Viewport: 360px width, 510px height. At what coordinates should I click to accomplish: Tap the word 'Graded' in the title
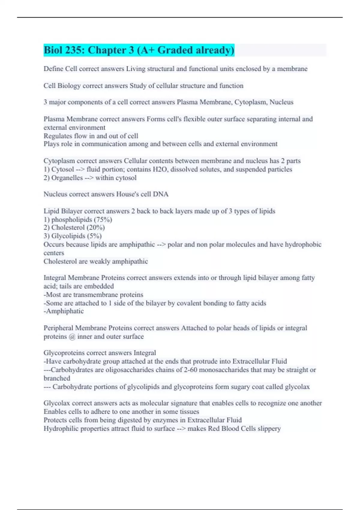175,50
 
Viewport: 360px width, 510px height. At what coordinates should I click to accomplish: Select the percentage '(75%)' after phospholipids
103,220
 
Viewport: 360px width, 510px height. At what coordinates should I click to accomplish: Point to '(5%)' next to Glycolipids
94,236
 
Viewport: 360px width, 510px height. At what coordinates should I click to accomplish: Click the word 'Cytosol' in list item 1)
63,169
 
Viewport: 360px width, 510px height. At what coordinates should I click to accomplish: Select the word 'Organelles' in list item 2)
67,178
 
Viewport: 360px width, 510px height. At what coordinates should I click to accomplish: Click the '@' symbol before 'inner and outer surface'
72,337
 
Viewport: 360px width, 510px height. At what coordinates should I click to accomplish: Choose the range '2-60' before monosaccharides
190,370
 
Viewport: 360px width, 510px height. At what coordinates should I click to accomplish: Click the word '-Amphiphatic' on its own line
64,311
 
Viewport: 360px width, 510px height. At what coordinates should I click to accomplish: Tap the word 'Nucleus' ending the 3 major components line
281,102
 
